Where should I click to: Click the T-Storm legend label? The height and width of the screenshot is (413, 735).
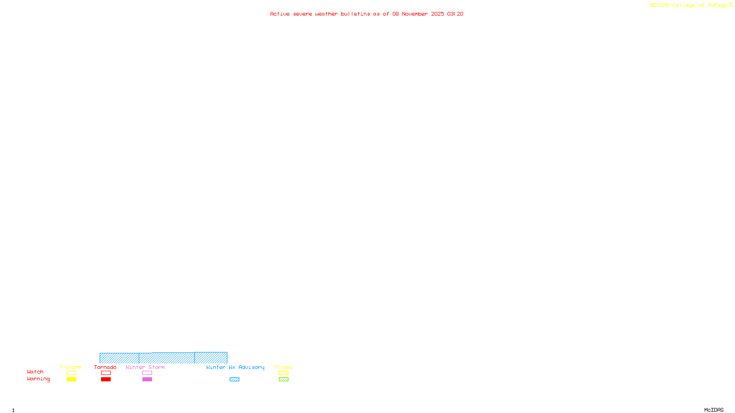coord(71,367)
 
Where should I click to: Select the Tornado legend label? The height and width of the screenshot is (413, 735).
coord(105,367)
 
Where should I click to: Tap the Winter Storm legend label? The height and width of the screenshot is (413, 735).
coord(145,367)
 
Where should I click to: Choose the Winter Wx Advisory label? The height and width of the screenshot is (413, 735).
coord(235,367)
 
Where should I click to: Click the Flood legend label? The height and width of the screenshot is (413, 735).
coord(283,367)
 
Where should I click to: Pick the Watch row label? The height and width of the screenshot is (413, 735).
coord(35,372)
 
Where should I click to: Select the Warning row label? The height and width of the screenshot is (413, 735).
coord(39,379)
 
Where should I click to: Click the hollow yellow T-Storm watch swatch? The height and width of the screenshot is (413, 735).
coord(71,373)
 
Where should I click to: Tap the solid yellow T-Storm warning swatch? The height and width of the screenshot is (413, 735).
coord(71,380)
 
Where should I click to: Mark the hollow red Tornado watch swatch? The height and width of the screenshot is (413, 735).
coord(106,373)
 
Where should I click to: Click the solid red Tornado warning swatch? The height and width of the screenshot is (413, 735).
coord(106,380)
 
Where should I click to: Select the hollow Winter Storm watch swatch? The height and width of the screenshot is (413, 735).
coord(147,373)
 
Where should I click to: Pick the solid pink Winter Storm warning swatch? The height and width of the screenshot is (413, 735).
coord(147,380)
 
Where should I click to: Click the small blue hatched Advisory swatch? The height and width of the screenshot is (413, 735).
coord(234,380)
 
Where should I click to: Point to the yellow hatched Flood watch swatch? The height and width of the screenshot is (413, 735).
coord(283,373)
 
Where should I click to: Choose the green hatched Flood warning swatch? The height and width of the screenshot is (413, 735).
coord(283,380)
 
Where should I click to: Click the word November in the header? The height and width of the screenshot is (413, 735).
coord(415,14)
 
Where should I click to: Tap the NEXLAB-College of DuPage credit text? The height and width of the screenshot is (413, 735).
coord(688,5)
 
